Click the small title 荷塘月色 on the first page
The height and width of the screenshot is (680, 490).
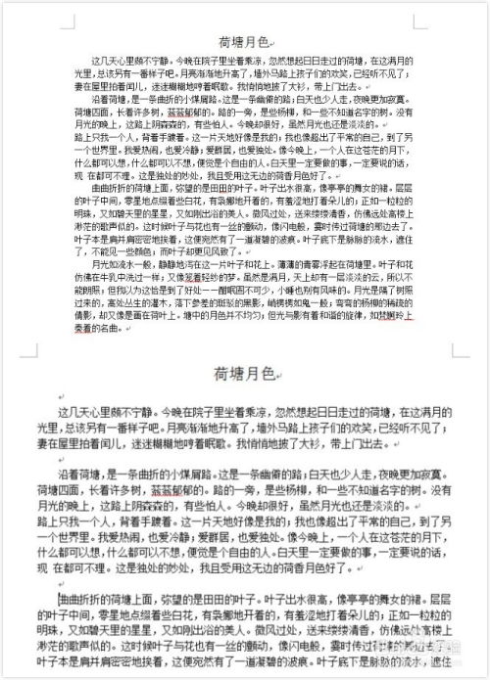click(247, 42)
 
